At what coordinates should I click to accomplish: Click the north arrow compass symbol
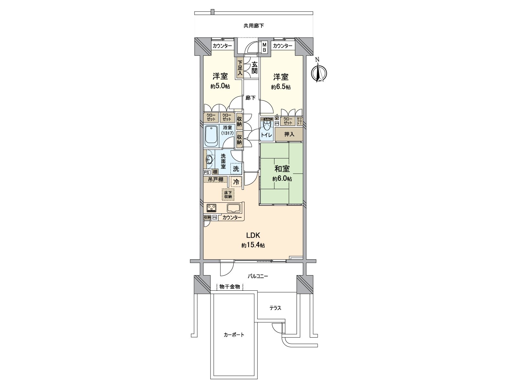[x=319, y=73]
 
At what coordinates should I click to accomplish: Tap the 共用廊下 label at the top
[x=254, y=26]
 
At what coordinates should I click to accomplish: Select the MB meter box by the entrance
[x=264, y=47]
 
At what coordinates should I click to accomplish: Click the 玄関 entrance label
[x=254, y=67]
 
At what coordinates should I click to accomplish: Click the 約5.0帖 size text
[x=220, y=86]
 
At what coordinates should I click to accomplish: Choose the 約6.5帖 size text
[x=281, y=87]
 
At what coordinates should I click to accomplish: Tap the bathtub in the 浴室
[x=212, y=135]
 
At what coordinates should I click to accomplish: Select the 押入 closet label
[x=289, y=134]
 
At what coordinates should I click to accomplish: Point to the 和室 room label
[x=282, y=169]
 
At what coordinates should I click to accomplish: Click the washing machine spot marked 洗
[x=236, y=169]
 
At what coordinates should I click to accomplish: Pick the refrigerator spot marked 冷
[x=236, y=182]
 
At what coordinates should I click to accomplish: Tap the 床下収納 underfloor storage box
[x=228, y=194]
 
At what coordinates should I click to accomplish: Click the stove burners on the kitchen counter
[x=212, y=208]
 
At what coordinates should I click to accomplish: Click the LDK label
[x=253, y=235]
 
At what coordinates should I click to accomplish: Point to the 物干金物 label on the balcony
[x=230, y=287]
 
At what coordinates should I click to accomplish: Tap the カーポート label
[x=234, y=335]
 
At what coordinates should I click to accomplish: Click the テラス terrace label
[x=275, y=308]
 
